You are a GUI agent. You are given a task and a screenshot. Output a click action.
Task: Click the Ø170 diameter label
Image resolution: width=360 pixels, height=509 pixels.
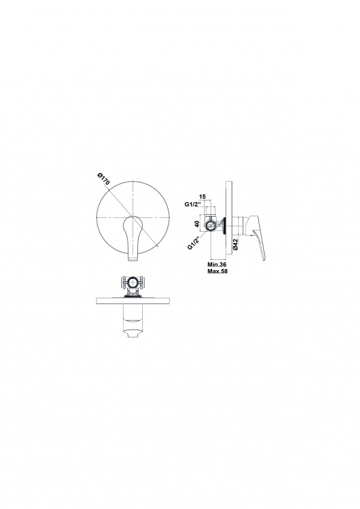click(104, 179)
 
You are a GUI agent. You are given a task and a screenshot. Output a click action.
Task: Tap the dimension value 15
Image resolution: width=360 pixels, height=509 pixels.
click(202, 197)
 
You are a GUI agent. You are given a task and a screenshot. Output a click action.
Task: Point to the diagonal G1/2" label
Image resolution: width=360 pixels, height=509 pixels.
click(195, 242)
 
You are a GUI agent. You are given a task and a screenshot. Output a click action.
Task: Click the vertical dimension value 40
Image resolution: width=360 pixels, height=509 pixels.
click(197, 224)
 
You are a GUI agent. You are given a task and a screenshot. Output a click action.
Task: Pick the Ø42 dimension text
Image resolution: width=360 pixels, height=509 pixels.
click(236, 244)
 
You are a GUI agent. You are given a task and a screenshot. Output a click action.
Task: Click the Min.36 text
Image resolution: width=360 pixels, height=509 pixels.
click(217, 265)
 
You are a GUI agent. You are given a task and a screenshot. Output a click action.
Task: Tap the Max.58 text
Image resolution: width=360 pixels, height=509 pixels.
click(217, 271)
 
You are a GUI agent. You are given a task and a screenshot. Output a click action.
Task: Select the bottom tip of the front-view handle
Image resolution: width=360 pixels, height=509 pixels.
click(134, 261)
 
